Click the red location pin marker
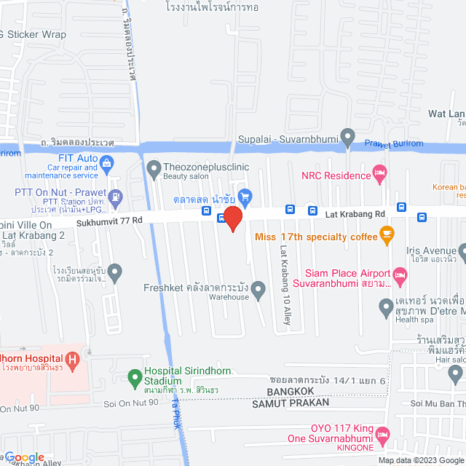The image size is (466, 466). [x=232, y=218]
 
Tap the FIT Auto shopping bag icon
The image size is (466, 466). [x=107, y=161]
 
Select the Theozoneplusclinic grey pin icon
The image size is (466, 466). [x=154, y=170]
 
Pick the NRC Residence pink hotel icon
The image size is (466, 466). [x=379, y=173]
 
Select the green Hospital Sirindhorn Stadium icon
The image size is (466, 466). [x=134, y=377]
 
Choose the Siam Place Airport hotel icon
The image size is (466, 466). [x=399, y=275]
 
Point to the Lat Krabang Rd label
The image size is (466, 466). [x=355, y=214]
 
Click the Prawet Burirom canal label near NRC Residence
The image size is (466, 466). [x=393, y=143]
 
